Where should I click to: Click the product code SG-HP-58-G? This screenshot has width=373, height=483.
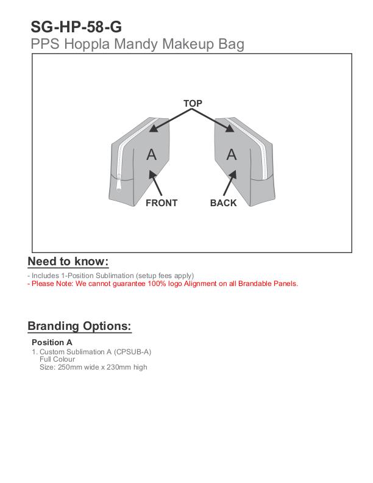click(x=76, y=27)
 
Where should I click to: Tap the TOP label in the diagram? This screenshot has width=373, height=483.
click(x=193, y=104)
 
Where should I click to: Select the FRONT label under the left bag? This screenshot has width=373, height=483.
click(x=162, y=203)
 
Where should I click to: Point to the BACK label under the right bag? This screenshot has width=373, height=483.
click(x=223, y=203)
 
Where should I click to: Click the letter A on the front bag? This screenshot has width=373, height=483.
click(x=152, y=155)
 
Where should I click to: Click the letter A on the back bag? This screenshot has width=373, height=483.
click(x=232, y=155)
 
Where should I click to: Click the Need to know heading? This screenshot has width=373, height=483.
click(x=68, y=262)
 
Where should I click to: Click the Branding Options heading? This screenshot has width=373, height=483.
click(x=79, y=326)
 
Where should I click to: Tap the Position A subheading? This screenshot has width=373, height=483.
click(x=52, y=342)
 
